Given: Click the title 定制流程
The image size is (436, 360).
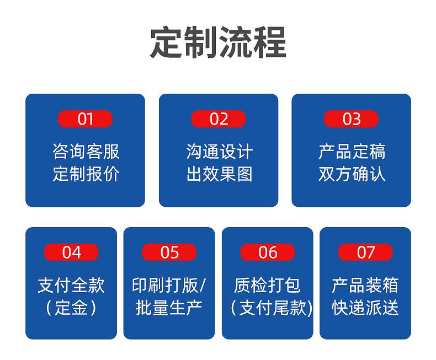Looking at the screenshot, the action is (x=219, y=42).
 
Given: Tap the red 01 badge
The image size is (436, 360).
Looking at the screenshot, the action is (x=85, y=119).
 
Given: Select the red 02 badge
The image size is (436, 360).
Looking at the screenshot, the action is (x=219, y=119).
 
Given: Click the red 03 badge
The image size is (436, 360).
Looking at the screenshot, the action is (x=351, y=119).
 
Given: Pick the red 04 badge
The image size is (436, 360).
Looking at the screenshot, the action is (x=71, y=252).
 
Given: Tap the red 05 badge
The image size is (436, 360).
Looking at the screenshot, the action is (x=169, y=252).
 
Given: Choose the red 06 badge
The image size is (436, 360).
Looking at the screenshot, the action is (x=268, y=252).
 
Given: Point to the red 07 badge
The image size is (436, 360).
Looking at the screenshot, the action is (x=365, y=252).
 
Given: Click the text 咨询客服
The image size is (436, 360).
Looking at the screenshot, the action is (x=86, y=152).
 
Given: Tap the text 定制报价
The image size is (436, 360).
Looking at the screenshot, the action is (x=86, y=174).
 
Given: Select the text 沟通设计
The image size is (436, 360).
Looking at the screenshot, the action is (x=220, y=152).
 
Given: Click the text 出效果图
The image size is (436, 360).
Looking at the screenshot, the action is (x=220, y=174).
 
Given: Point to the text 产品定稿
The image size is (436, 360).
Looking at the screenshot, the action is (x=352, y=152).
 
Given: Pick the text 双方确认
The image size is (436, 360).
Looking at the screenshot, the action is (x=352, y=174).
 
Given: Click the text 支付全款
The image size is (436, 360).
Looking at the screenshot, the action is (x=71, y=285).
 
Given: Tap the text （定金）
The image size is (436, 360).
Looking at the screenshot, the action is (x=71, y=308).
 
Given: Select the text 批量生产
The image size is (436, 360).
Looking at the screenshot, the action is (x=169, y=308).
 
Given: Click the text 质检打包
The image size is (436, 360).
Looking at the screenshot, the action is (x=267, y=285).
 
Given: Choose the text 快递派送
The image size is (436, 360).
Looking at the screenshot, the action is (x=365, y=308).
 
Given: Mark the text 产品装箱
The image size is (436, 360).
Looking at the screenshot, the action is (x=365, y=285).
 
